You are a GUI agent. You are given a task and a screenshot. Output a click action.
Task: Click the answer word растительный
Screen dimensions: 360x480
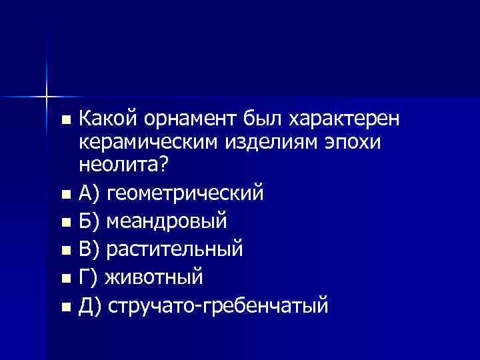177,250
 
